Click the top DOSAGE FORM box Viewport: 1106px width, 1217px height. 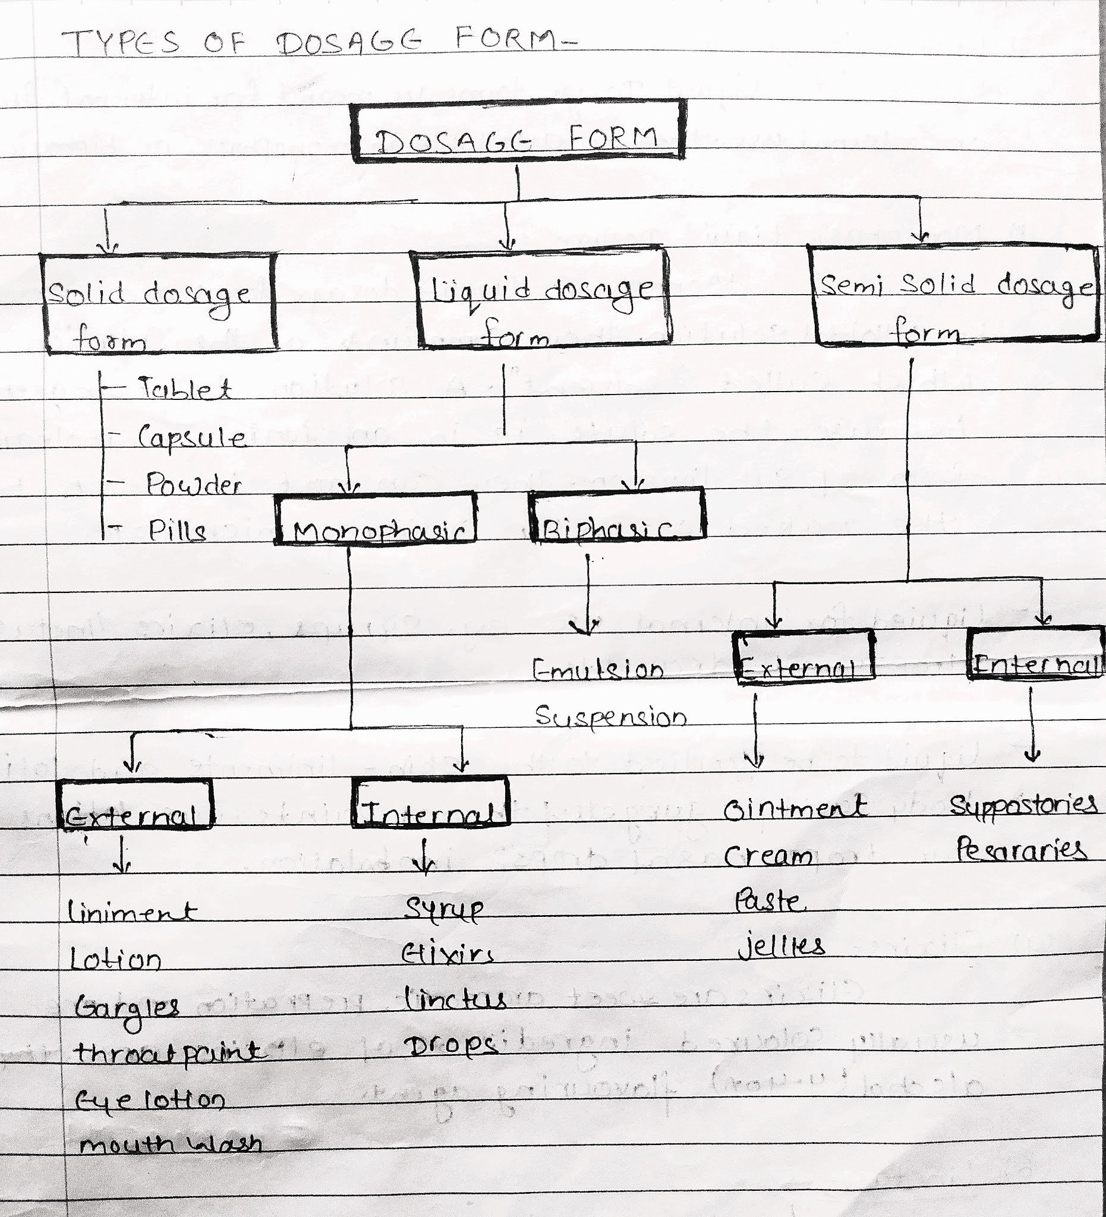pos(518,131)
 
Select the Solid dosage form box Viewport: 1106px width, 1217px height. pos(159,302)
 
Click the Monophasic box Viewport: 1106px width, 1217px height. pos(376,519)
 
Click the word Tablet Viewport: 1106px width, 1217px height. pos(185,389)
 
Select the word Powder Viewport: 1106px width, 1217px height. pos(193,485)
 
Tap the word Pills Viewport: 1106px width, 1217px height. pos(177,531)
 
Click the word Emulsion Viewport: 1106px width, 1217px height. pos(598,670)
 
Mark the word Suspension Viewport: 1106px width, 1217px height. pos(610,717)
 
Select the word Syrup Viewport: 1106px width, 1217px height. pos(445,909)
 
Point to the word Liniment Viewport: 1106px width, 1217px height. pos(131,912)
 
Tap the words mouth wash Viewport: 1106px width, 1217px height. pos(171,1145)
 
